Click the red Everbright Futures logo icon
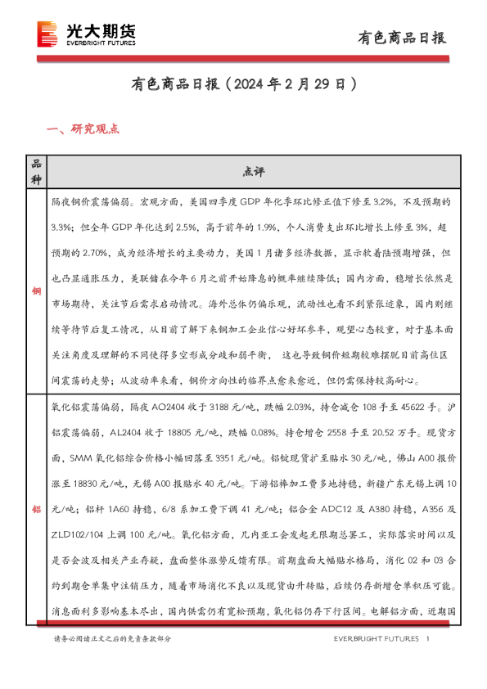tap(47, 33)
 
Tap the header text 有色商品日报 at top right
tap(403, 38)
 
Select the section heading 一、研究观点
tap(84, 128)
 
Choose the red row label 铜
tap(35, 290)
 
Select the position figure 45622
tap(415, 408)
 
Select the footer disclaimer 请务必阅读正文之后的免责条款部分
tap(113, 638)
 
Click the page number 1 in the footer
tap(428, 638)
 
